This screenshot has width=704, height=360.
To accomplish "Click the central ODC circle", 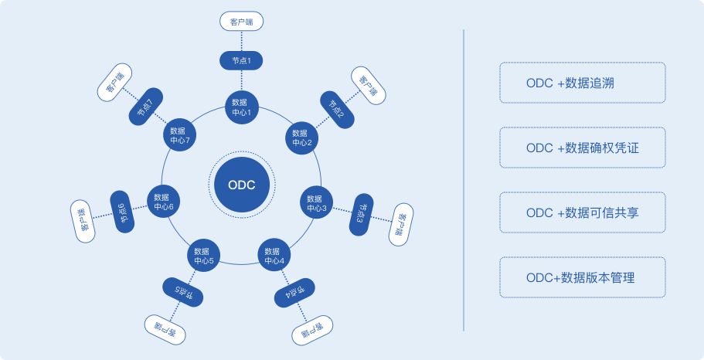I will pos(241,185).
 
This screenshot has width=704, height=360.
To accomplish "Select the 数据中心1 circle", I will pos(241,107).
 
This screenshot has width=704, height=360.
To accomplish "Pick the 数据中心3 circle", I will pos(316,202).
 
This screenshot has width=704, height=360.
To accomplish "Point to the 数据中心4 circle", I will pos(274,256).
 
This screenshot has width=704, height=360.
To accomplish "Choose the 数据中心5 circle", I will pos(204,256).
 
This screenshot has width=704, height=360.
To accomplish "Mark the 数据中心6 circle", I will pos(163,202).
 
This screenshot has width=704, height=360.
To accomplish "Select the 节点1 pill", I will pos(242,59).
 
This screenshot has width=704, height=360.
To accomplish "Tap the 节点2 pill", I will pos(337,109).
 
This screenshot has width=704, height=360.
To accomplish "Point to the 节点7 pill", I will pos(145,109).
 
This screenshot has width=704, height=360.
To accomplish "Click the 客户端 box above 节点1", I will pos(242,21).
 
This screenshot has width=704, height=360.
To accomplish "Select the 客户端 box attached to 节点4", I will pos(313,332).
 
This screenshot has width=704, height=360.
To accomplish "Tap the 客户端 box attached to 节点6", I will pos(83,220).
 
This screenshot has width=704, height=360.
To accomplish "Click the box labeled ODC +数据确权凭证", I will pos(582,148).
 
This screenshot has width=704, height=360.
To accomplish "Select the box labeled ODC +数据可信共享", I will pos(582,212).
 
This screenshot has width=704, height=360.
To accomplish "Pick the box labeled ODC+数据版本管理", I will pos(582,277).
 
